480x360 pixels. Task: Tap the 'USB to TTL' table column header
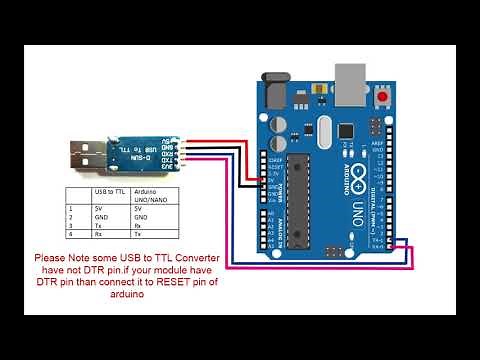(x=110, y=191)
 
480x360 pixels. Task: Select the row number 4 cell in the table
(x=76, y=234)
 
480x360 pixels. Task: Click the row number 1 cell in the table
(x=76, y=207)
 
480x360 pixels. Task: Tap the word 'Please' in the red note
(x=53, y=258)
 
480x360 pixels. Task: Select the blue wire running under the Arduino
(x=300, y=265)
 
